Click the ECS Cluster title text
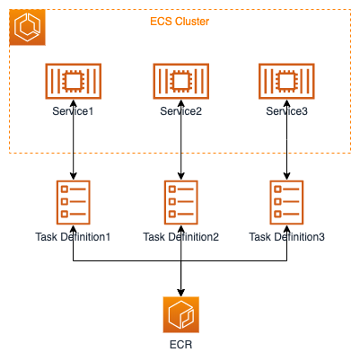(x=180, y=22)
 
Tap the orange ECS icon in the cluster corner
(x=27, y=27)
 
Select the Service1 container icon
(x=74, y=81)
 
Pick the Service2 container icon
(x=181, y=81)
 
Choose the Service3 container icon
(x=286, y=81)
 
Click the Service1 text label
(x=73, y=111)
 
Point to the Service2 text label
(x=181, y=111)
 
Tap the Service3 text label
(x=286, y=111)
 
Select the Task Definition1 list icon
(x=74, y=202)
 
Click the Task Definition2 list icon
(x=181, y=202)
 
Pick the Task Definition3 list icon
(x=286, y=202)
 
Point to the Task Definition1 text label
(x=73, y=237)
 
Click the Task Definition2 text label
(x=181, y=237)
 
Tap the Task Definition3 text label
(x=286, y=237)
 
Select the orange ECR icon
(x=181, y=314)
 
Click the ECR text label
(x=181, y=345)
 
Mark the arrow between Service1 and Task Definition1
(x=74, y=139)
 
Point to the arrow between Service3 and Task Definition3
(x=286, y=139)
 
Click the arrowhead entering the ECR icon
(x=181, y=293)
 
